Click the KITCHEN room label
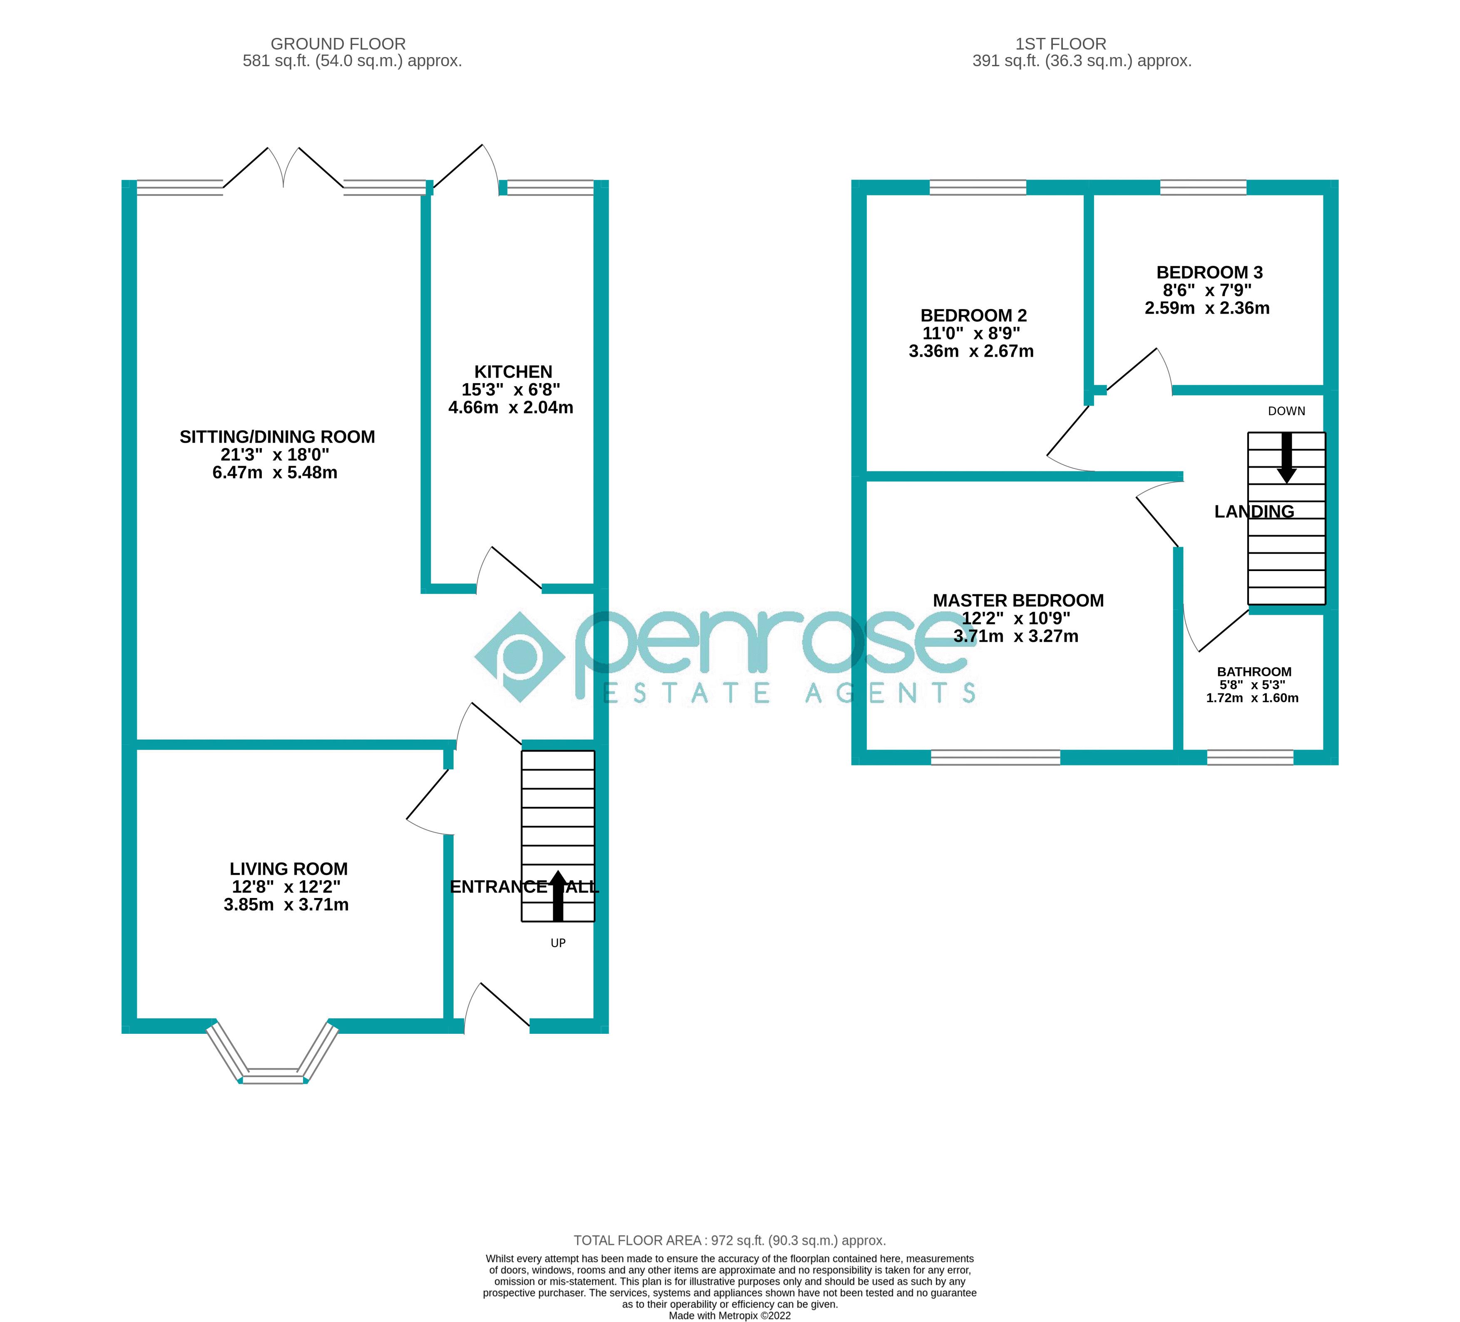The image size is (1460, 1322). pyautogui.click(x=513, y=372)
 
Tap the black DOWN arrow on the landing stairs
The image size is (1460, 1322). pyautogui.click(x=1286, y=458)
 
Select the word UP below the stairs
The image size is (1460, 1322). pyautogui.click(x=557, y=943)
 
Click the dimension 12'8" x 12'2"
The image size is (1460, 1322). pyautogui.click(x=286, y=887)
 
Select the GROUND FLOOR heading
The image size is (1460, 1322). pyautogui.click(x=338, y=44)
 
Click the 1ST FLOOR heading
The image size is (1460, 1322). pyautogui.click(x=1060, y=44)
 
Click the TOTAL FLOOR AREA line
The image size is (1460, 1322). pyautogui.click(x=729, y=1240)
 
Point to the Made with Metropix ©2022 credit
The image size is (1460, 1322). pyautogui.click(x=729, y=1315)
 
